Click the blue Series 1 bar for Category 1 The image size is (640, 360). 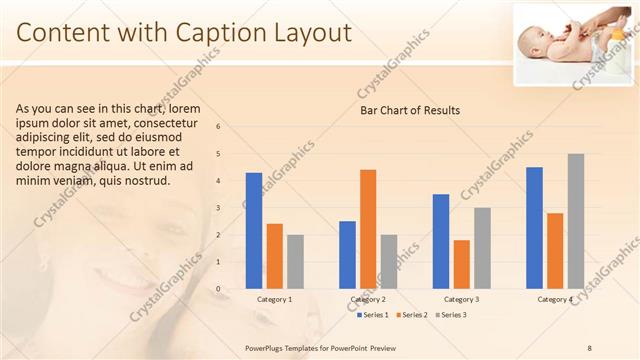(x=254, y=231)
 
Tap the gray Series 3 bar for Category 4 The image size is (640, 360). (x=576, y=221)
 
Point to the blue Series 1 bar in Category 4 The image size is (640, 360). (x=534, y=228)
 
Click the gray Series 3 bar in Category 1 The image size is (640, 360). (x=295, y=262)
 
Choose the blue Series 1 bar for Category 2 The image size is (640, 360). (x=347, y=255)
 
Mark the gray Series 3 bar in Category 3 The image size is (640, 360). (x=482, y=248)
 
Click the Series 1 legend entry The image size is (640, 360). (x=373, y=315)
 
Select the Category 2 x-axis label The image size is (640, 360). (x=368, y=299)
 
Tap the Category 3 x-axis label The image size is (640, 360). (x=461, y=299)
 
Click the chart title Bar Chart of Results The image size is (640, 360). (x=410, y=110)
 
